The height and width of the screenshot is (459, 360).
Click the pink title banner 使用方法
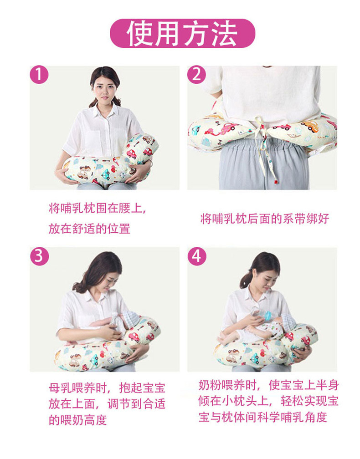pyautogui.click(x=182, y=33)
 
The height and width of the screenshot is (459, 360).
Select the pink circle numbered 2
pyautogui.click(x=196, y=75)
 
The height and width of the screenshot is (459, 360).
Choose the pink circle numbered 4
pyautogui.click(x=196, y=256)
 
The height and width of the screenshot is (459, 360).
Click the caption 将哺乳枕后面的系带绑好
pyautogui.click(x=265, y=219)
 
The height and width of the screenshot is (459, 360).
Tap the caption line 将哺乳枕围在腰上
pyautogui.click(x=98, y=209)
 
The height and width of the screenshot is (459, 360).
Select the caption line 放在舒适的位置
pyautogui.click(x=89, y=228)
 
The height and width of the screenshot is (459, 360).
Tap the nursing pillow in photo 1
pyautogui.click(x=109, y=164)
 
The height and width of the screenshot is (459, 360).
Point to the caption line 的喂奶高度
pyautogui.click(x=77, y=420)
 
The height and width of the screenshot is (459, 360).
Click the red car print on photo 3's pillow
pyautogui.click(x=134, y=337)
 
